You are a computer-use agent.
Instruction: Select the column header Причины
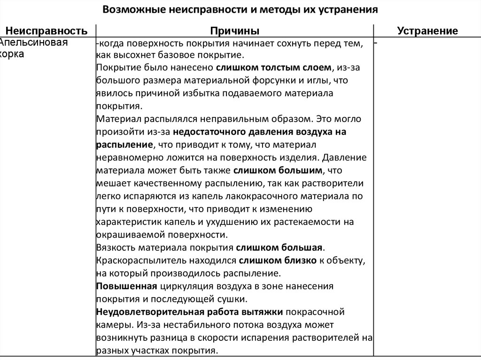coord(235,31)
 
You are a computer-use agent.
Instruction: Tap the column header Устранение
coord(427,31)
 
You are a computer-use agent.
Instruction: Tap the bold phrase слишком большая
coord(280,247)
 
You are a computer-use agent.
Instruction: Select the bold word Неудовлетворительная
coord(148,312)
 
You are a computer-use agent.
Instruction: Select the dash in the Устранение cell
coord(377,43)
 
